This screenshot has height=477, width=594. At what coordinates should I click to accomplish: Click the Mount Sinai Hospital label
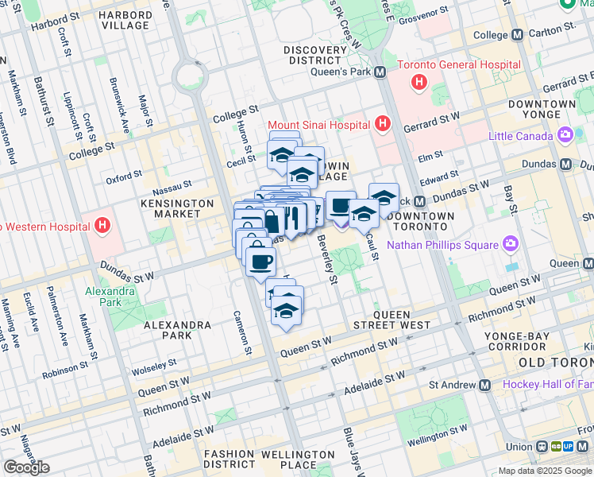pyautogui.click(x=318, y=125)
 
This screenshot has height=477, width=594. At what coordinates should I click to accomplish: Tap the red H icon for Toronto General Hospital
pyautogui.click(x=418, y=82)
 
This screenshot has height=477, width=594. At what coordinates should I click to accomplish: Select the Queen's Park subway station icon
pyautogui.click(x=380, y=72)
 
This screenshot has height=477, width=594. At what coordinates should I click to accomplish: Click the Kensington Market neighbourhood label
pyautogui.click(x=179, y=208)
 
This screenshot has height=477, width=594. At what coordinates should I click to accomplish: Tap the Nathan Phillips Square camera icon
pyautogui.click(x=510, y=243)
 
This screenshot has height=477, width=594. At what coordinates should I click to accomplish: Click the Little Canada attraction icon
pyautogui.click(x=565, y=135)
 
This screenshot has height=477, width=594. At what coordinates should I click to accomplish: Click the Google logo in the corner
pyautogui.click(x=26, y=467)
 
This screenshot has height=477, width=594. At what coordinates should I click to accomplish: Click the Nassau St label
pyautogui.click(x=172, y=184)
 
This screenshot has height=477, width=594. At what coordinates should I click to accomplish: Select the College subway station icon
pyautogui.click(x=517, y=35)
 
